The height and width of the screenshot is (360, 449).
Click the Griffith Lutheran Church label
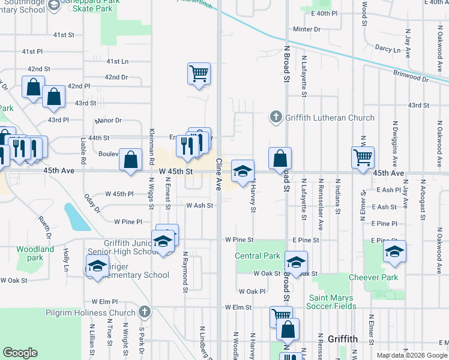330,118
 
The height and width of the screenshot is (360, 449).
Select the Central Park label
258,256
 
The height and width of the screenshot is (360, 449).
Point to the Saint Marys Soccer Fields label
333,302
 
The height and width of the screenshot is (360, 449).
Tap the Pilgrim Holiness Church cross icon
144,312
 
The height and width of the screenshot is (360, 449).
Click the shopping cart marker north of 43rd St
199,74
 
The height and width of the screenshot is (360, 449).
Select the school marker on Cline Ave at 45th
243,171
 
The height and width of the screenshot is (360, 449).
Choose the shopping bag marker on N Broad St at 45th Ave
280,159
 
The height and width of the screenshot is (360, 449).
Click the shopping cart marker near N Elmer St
363,158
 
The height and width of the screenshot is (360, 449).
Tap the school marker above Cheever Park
394,251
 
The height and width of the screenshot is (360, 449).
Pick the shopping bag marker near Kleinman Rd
130,160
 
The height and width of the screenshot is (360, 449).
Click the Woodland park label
35,253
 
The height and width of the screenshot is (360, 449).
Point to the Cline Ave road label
220,175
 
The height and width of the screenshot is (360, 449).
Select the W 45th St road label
176,172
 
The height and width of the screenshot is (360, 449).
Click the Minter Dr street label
307,29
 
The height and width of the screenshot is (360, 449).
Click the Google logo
20,353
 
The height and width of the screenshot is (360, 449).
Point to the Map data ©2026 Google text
412,355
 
